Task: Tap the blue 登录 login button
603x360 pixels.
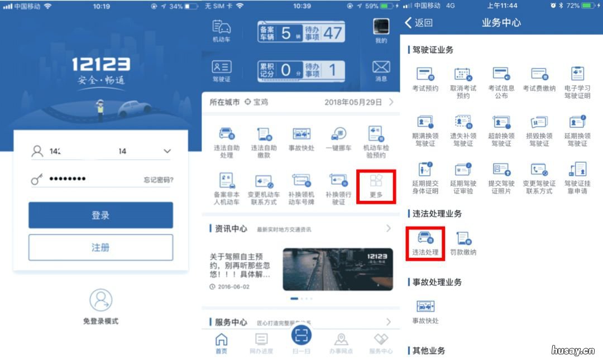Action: coord(100,215)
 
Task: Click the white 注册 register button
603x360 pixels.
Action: coord(100,247)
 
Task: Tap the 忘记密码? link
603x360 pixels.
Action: coord(158,180)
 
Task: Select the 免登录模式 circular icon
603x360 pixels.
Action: coord(101,300)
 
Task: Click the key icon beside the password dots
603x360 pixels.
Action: coord(37,179)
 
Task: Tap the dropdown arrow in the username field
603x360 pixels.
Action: coord(167,151)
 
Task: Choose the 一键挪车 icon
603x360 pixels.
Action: coord(338,135)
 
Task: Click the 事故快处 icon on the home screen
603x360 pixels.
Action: coord(301,135)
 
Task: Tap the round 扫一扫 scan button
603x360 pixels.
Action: coord(301,334)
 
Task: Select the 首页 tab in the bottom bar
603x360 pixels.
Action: coord(222,343)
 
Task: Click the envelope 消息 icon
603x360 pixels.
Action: coord(381,68)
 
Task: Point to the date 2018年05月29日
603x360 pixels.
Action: coord(353,103)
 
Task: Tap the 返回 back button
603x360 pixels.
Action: coord(419,23)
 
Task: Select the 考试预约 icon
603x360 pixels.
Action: coord(425,74)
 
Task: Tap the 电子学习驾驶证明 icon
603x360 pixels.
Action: coord(577,74)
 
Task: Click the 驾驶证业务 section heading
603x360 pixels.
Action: coord(433,50)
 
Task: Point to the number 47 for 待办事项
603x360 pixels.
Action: coord(333,32)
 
